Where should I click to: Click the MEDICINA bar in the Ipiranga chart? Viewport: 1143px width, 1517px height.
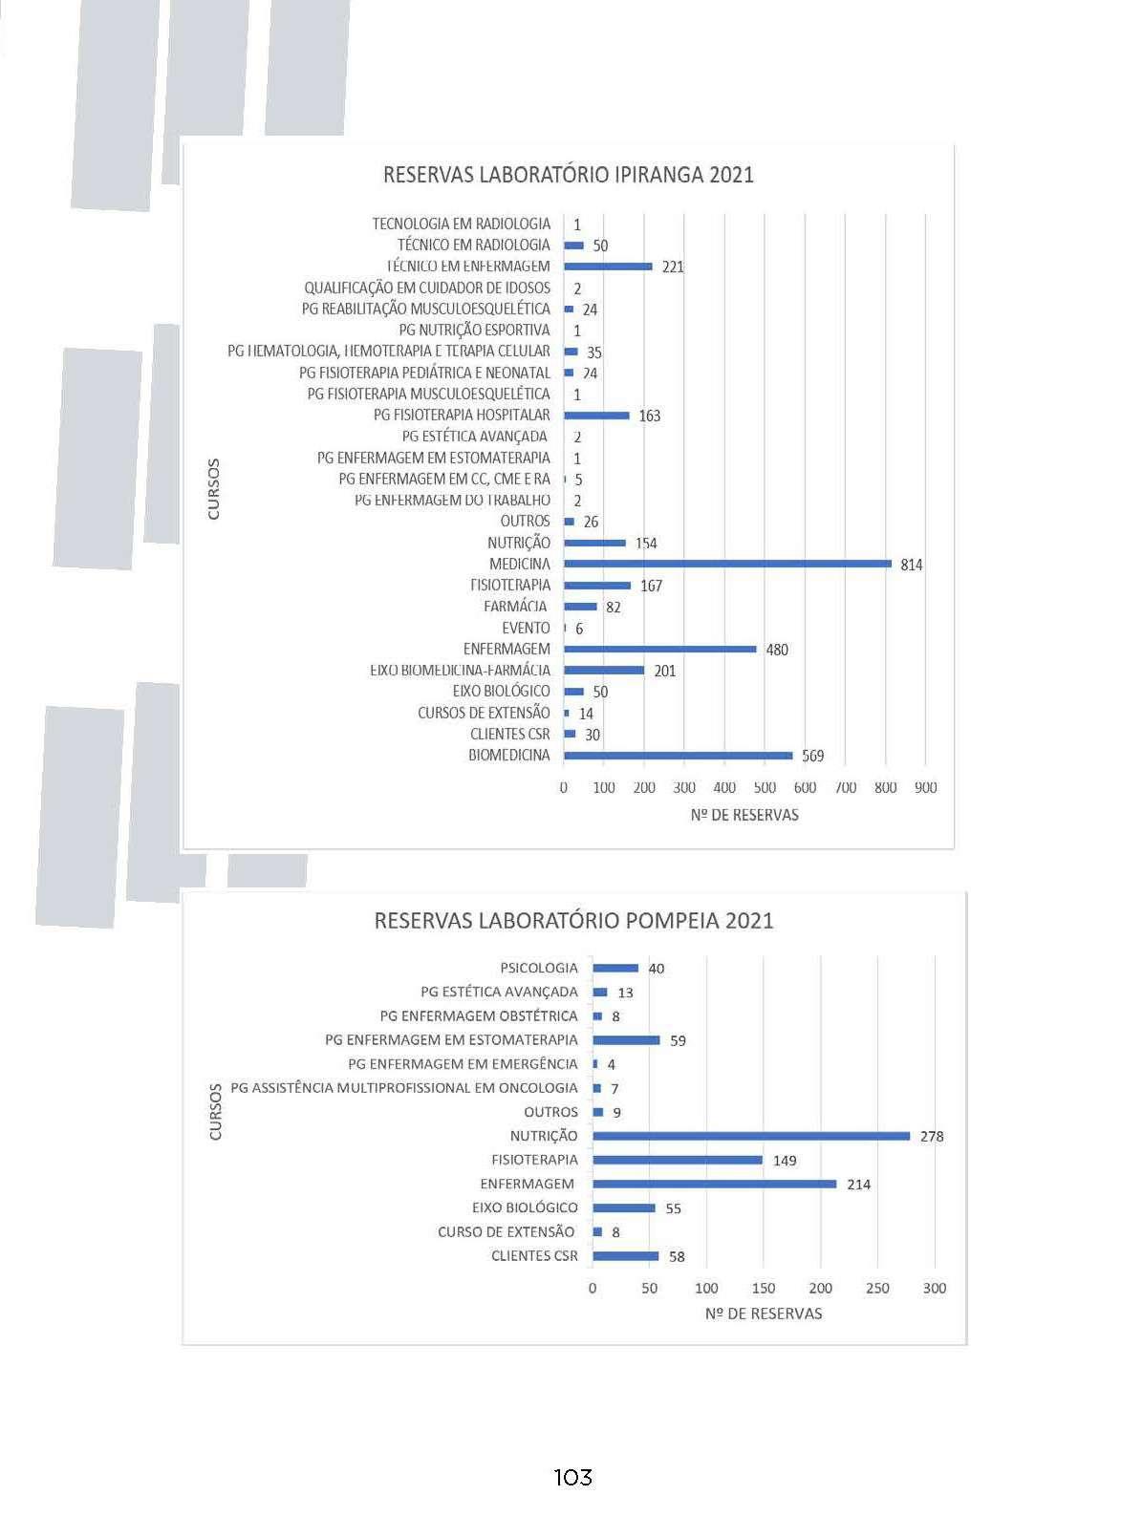pyautogui.click(x=726, y=564)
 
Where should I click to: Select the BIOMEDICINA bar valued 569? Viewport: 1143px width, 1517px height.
pyautogui.click(x=678, y=756)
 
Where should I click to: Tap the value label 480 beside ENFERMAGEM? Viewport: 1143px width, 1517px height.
pyautogui.click(x=777, y=650)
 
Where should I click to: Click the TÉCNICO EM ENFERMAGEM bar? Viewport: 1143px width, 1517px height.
pyautogui.click(x=608, y=267)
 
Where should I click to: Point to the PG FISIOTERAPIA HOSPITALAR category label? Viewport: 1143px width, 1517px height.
pyautogui.click(x=462, y=415)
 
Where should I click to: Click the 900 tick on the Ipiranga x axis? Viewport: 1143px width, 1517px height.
pyautogui.click(x=925, y=788)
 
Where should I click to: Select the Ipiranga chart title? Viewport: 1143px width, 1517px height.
pyautogui.click(x=568, y=175)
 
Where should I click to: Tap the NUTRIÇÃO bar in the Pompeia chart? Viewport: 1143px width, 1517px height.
pyautogui.click(x=751, y=1136)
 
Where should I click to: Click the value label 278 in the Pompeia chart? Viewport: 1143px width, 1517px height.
pyautogui.click(x=932, y=1137)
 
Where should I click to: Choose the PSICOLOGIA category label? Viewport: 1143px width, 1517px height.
pyautogui.click(x=539, y=968)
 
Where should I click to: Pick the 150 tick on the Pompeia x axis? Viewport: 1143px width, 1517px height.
pyautogui.click(x=763, y=1288)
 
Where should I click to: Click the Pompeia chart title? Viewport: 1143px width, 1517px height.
pyautogui.click(x=573, y=921)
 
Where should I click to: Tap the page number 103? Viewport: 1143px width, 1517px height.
pyautogui.click(x=572, y=1478)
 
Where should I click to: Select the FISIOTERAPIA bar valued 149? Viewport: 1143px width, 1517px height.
pyautogui.click(x=678, y=1160)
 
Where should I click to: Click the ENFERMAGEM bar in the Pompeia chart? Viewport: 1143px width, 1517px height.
pyautogui.click(x=714, y=1184)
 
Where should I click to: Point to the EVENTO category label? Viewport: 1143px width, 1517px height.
pyautogui.click(x=526, y=628)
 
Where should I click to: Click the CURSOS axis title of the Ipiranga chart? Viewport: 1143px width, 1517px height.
pyautogui.click(x=213, y=489)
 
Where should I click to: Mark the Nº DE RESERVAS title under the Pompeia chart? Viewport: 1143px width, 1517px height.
pyautogui.click(x=763, y=1314)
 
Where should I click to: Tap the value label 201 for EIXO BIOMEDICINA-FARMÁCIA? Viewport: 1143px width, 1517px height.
pyautogui.click(x=665, y=671)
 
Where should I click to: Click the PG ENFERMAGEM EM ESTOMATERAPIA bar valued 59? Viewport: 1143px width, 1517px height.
pyautogui.click(x=626, y=1040)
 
